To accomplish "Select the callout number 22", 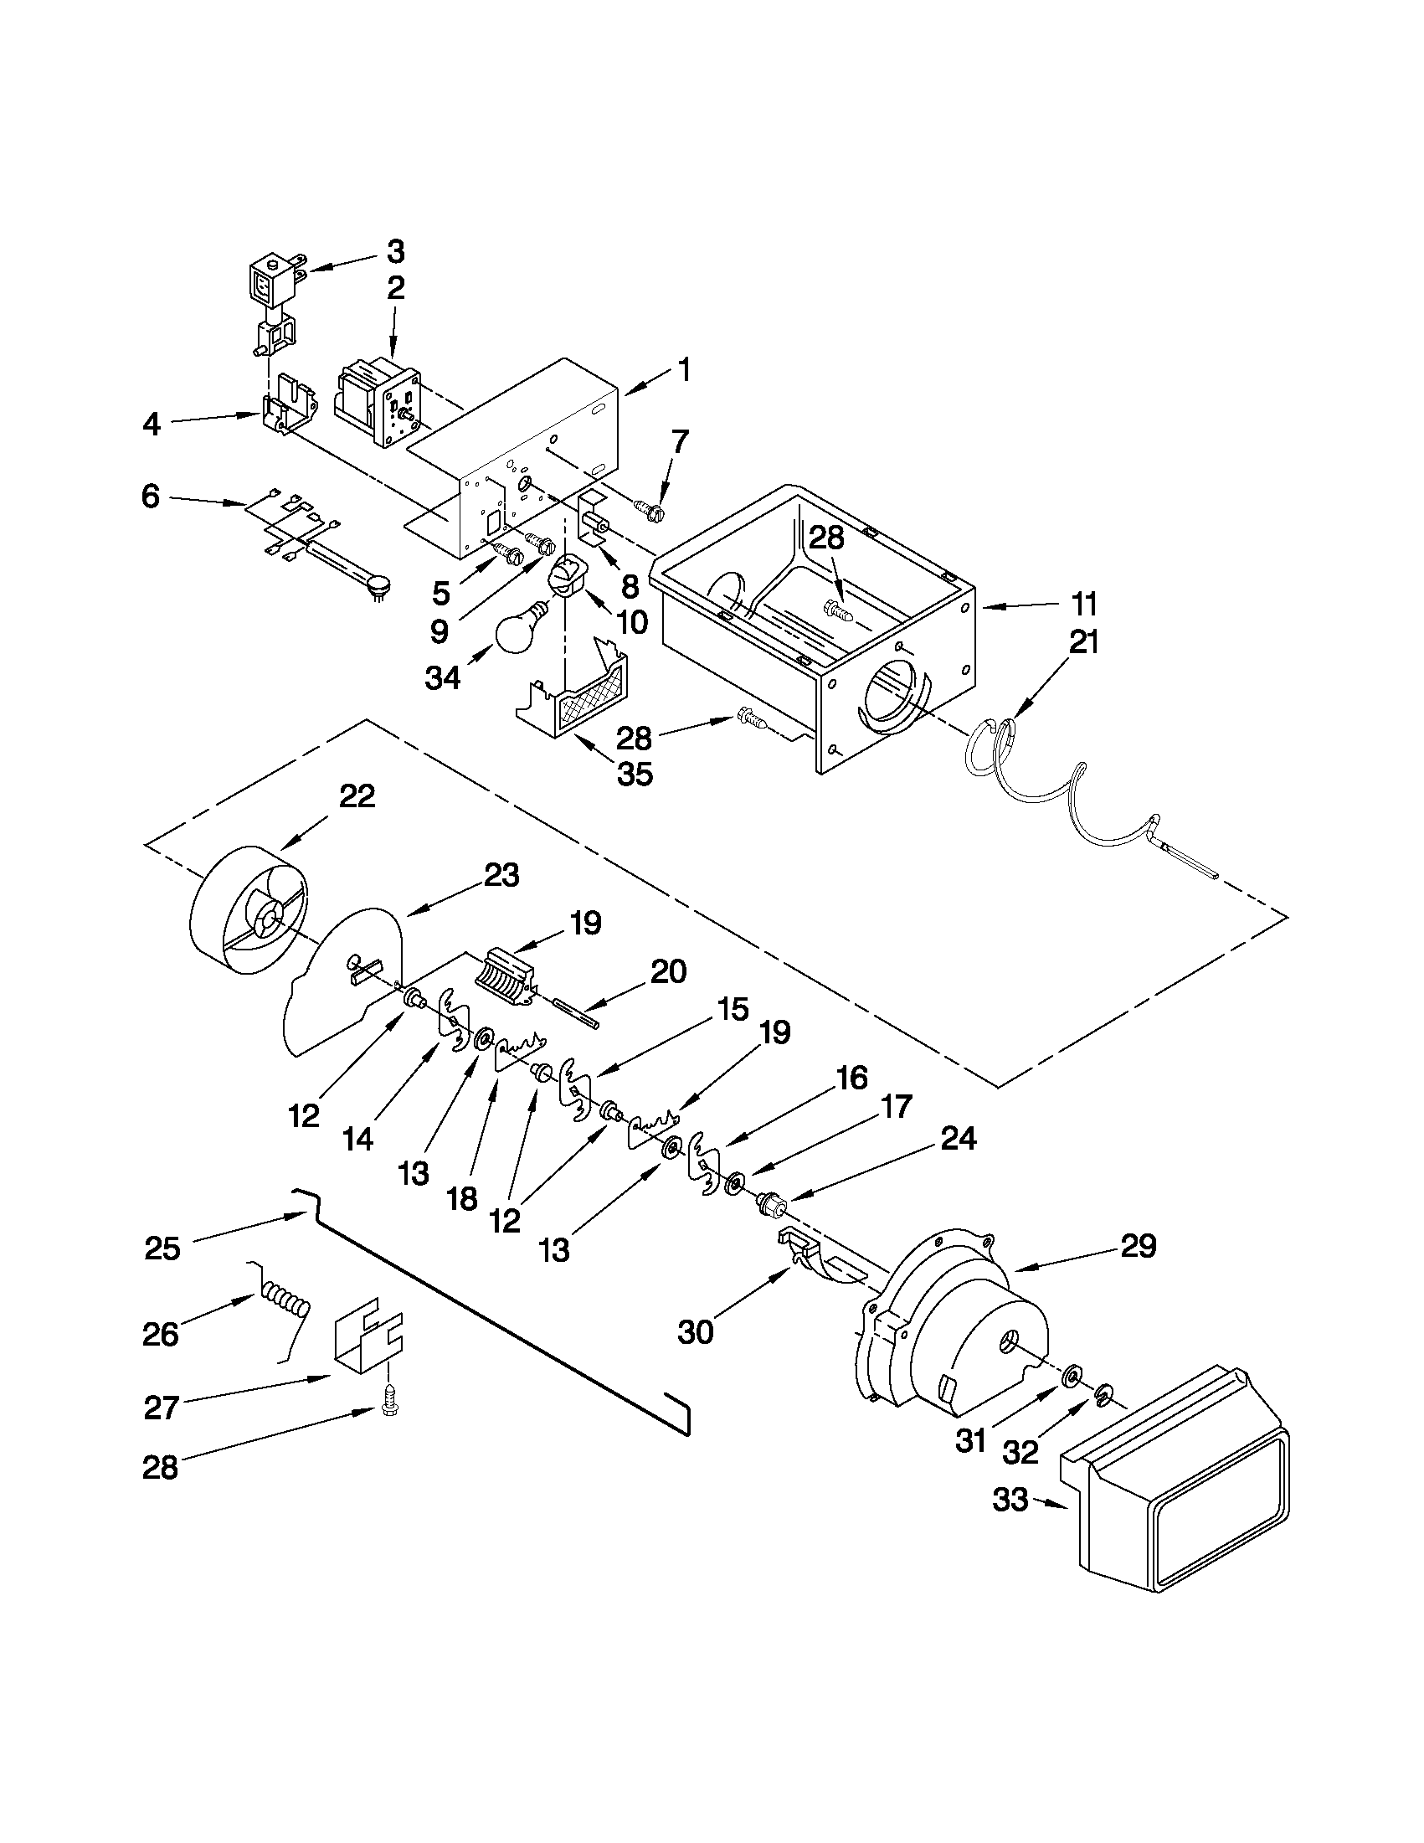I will click(357, 796).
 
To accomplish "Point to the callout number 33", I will click(1010, 1501).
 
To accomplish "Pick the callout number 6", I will click(150, 497).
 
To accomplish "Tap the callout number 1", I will click(685, 368).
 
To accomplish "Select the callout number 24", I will click(959, 1139).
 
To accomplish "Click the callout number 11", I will click(1083, 605).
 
